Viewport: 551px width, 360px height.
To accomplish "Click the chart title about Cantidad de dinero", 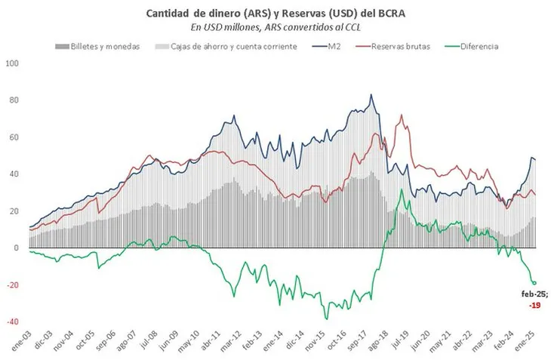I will (275, 13).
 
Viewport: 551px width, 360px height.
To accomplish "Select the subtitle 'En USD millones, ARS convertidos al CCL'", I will (275, 27).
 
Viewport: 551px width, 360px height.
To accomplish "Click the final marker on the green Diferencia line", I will (534, 283).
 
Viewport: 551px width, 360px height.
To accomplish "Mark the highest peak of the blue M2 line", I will (371, 95).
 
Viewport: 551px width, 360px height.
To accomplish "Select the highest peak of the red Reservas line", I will (402, 115).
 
